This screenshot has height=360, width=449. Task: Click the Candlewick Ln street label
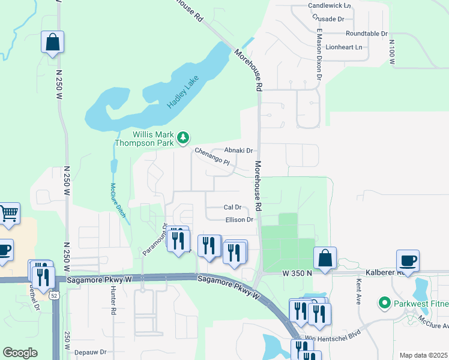click(x=329, y=5)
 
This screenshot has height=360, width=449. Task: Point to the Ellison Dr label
click(x=239, y=220)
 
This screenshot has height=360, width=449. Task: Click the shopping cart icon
click(x=8, y=214)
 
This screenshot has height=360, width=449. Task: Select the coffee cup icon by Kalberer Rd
click(x=408, y=260)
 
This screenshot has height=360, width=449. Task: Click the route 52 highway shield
click(x=55, y=295)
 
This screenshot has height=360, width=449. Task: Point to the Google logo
click(x=20, y=353)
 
